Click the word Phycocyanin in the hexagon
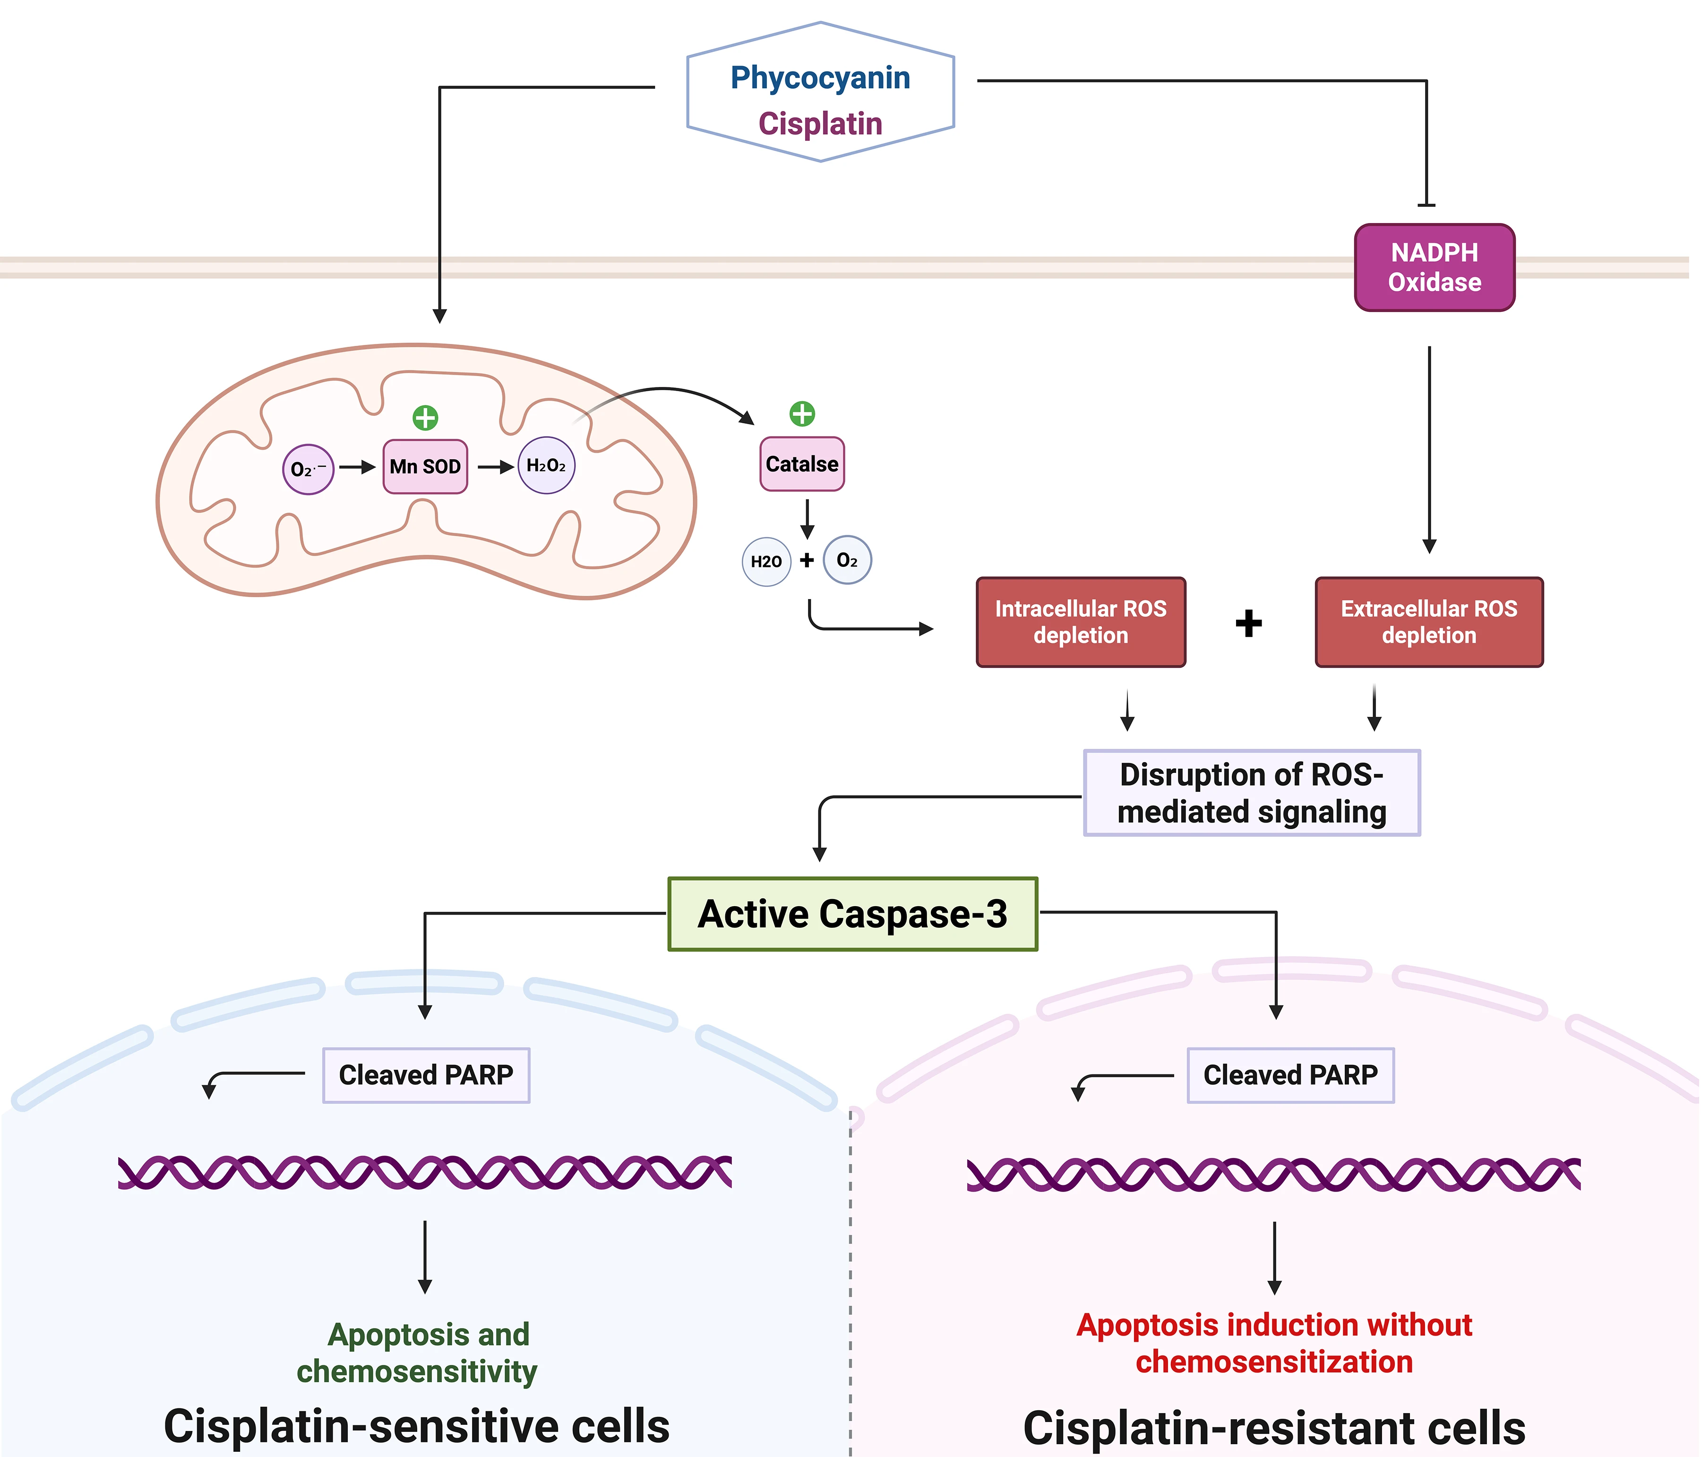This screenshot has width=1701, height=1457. [x=820, y=78]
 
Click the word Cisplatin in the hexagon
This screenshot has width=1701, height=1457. [x=820, y=124]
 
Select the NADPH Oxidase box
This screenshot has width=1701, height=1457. [x=1434, y=267]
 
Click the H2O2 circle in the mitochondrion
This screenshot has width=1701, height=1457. [x=546, y=465]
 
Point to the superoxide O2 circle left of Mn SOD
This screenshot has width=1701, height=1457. [x=308, y=470]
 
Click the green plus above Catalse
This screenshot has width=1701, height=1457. [x=802, y=414]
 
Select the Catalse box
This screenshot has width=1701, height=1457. [x=802, y=464]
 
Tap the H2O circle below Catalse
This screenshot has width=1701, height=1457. [x=766, y=561]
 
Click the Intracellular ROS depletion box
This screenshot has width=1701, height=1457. [x=1080, y=622]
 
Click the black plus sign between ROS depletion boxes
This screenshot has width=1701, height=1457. [x=1249, y=623]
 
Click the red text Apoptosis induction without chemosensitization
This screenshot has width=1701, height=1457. [x=1274, y=1344]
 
